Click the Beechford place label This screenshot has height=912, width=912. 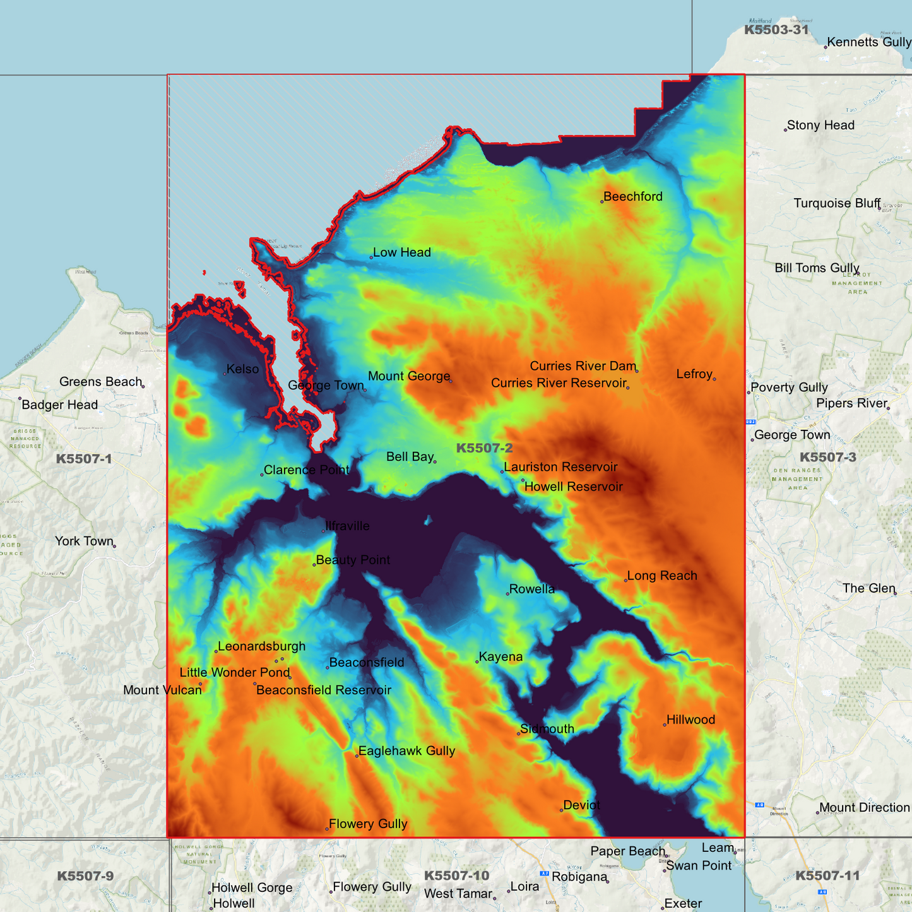pos(632,196)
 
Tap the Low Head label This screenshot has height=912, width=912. pos(401,252)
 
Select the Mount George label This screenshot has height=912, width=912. pos(408,376)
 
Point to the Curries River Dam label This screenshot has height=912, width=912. pos(583,366)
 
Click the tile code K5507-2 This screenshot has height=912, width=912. pos(484,448)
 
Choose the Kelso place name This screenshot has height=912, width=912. pos(242,369)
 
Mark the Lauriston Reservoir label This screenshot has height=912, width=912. pos(560,467)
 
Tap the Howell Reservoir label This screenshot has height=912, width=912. pos(573,487)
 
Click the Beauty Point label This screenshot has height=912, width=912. pos(353,560)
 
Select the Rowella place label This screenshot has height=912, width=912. pos(531,589)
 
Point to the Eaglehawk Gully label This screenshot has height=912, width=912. pos(406,751)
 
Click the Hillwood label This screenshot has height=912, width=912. pos(690,720)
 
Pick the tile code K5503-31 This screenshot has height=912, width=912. pos(776,30)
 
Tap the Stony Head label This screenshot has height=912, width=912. pos(820,126)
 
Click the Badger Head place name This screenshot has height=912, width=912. pos(59,405)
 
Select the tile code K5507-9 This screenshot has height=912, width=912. pos(85,876)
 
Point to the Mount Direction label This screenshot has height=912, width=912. pos(864,808)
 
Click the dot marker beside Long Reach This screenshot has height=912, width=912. pos(625,581)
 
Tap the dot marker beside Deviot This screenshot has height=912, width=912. pos(561,810)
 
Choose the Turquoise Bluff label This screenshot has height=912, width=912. pos(836,203)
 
